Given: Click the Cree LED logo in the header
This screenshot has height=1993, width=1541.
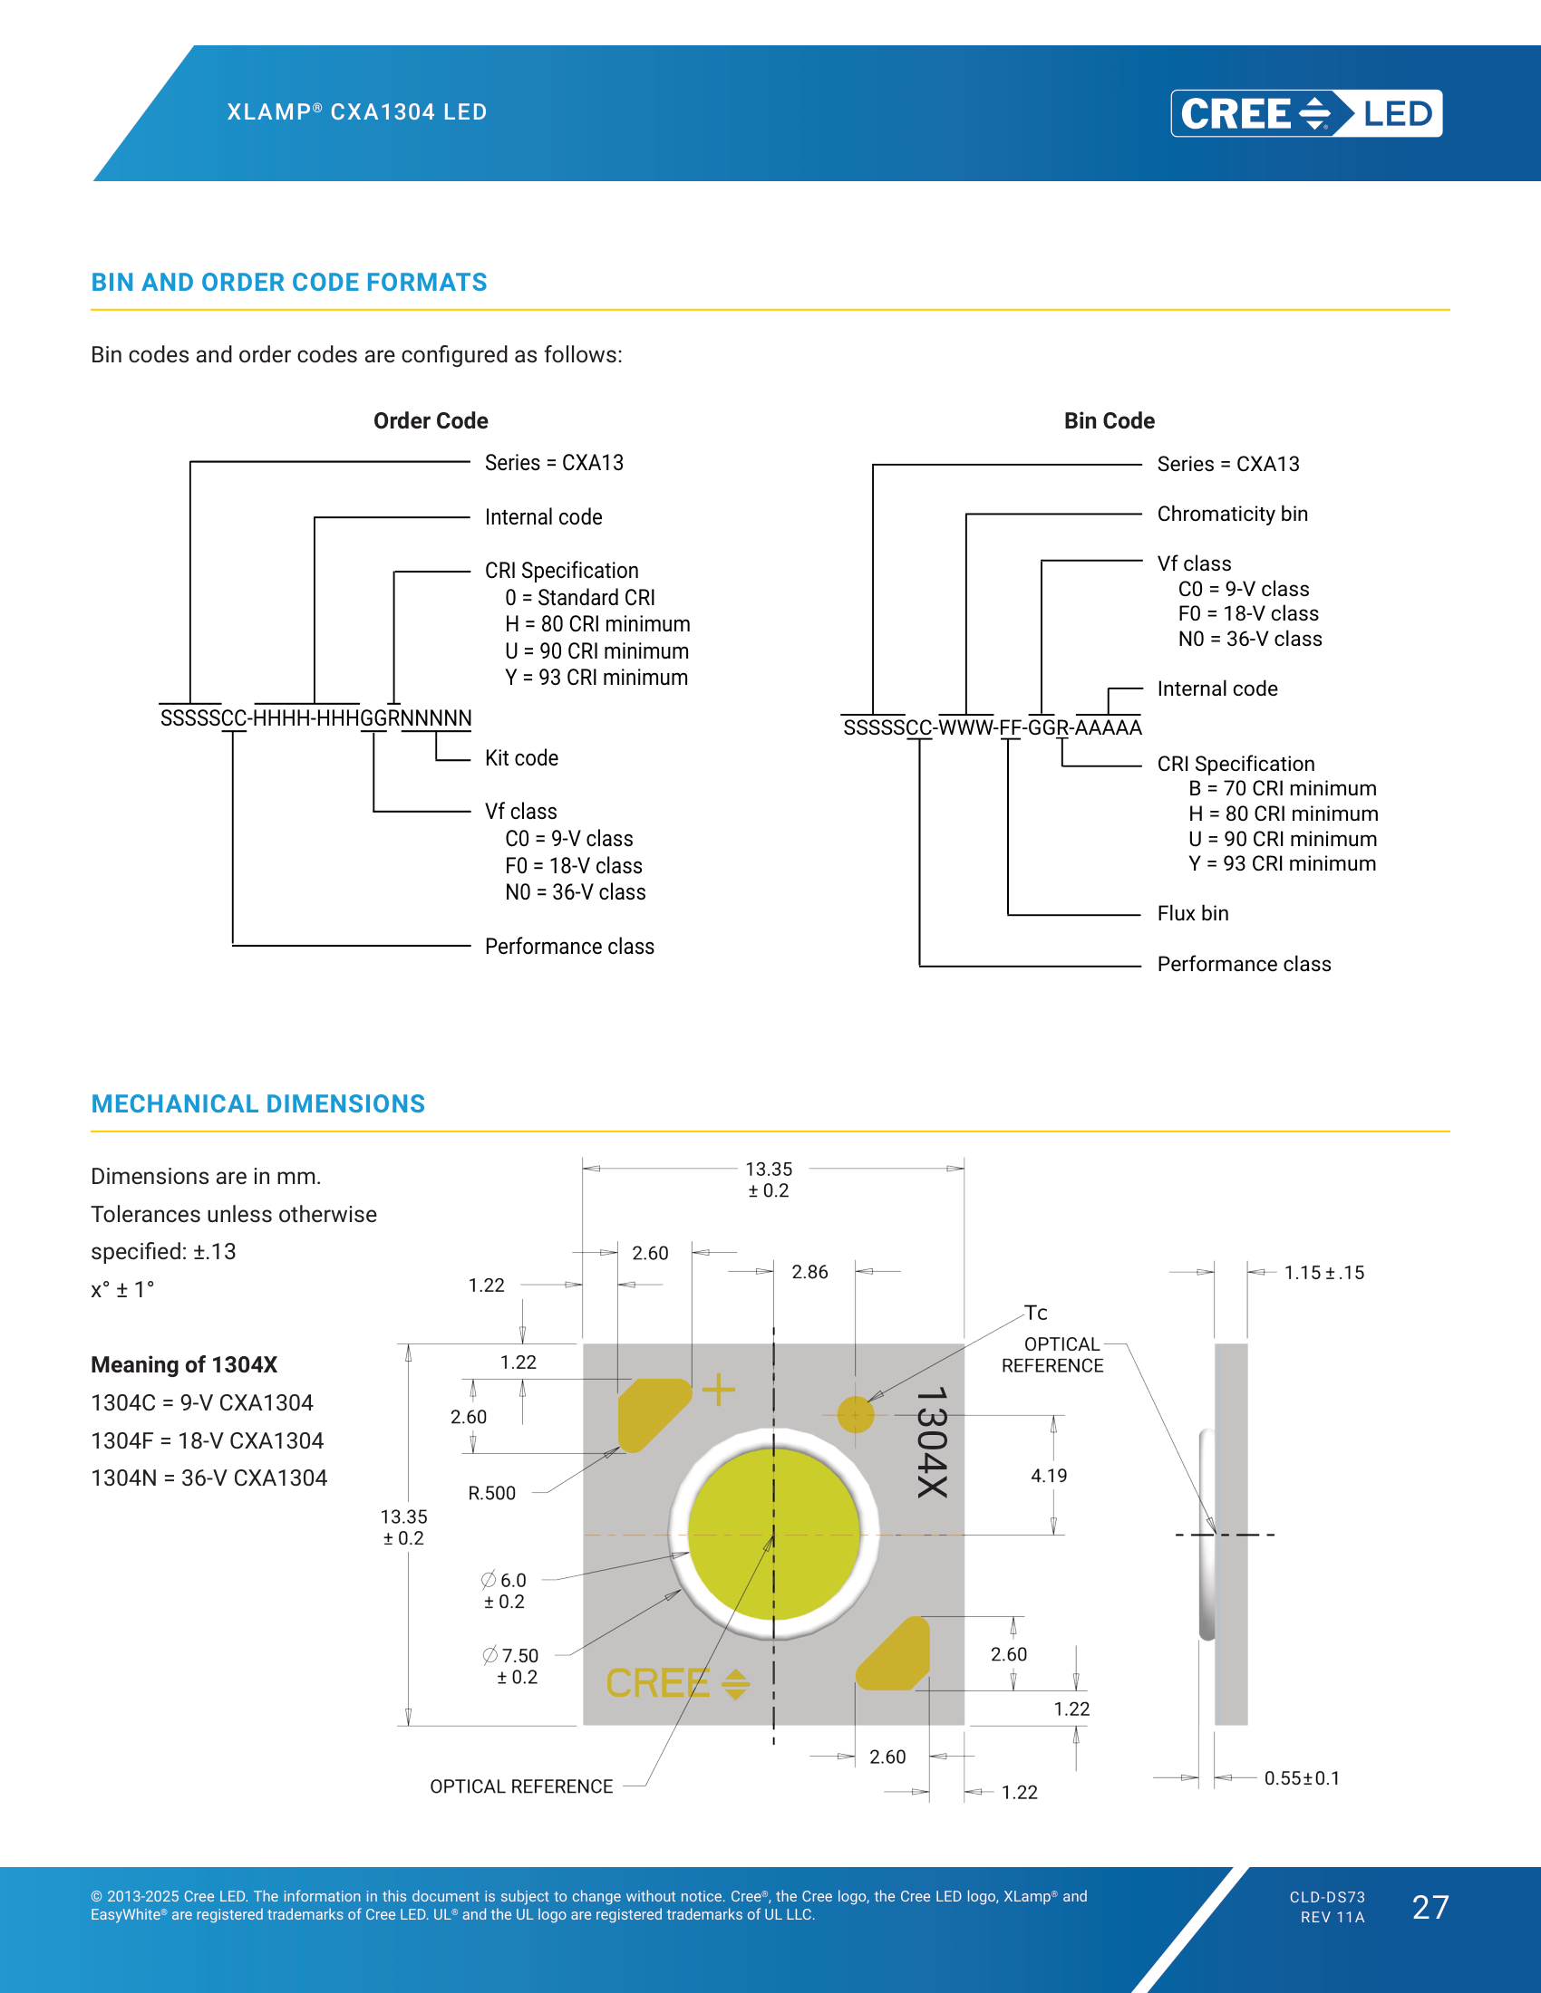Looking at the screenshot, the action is click(x=1306, y=113).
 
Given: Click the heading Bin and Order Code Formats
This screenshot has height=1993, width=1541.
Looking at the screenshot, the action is click(x=288, y=283).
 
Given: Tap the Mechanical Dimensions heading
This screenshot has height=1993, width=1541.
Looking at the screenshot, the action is click(x=258, y=1104).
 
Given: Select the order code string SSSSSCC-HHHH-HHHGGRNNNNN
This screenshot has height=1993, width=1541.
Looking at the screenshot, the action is click(x=315, y=718).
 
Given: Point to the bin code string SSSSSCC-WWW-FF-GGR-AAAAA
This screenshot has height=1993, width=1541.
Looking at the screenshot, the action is click(x=993, y=727).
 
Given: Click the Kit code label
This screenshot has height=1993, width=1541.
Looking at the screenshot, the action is click(x=521, y=758).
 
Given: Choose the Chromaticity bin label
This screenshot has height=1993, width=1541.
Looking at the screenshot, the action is click(x=1233, y=514).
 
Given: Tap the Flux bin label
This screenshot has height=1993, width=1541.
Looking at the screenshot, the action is click(x=1192, y=913).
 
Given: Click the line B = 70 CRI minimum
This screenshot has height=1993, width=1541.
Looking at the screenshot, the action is click(x=1282, y=788).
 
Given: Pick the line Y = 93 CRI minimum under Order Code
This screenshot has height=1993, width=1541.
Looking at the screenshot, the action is click(x=596, y=678).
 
